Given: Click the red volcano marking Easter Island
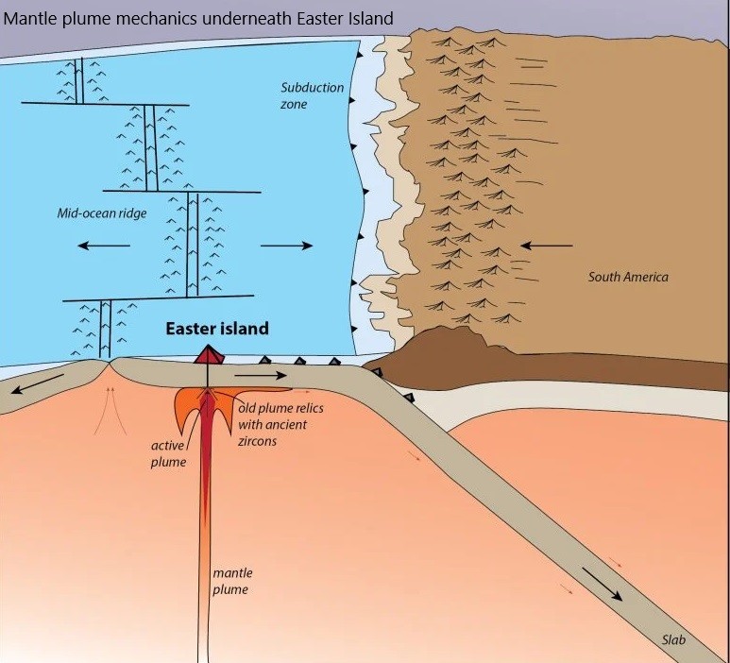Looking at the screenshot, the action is [x=209, y=354].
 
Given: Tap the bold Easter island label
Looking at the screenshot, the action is [x=217, y=329].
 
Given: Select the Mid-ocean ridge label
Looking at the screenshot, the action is [x=101, y=213].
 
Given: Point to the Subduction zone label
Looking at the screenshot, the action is [x=312, y=95].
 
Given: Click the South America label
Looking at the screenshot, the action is [x=628, y=277].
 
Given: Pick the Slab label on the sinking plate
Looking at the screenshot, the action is [x=673, y=640].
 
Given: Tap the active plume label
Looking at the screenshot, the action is [x=168, y=454].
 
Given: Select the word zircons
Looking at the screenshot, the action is [x=257, y=441].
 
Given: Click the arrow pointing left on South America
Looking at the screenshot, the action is [x=546, y=246].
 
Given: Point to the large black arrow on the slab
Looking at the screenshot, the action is [x=602, y=584].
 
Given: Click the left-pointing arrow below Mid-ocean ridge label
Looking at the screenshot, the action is [x=104, y=246].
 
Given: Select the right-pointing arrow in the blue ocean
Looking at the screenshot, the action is [x=286, y=246].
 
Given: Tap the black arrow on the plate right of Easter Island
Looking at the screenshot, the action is [x=261, y=375].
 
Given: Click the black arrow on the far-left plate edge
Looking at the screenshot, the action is [x=37, y=383].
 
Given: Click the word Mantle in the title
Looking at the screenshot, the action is [x=28, y=19].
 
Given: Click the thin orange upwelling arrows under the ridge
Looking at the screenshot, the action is [x=110, y=410].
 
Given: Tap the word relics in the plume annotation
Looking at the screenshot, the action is [x=307, y=408].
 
